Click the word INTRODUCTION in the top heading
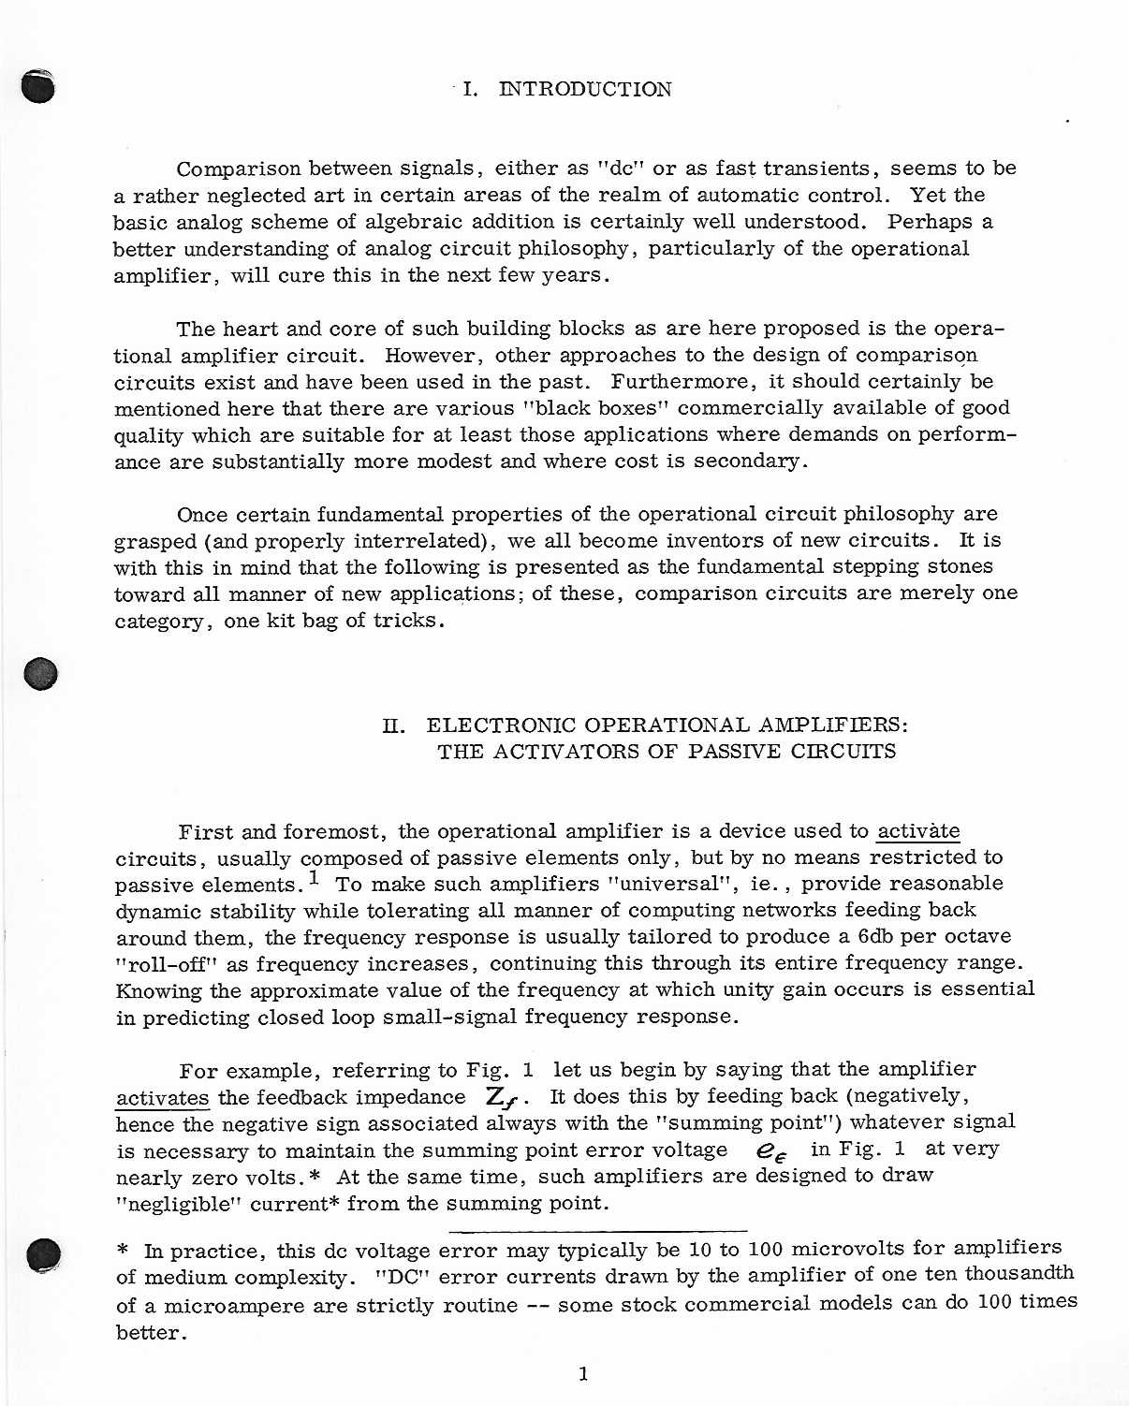[585, 90]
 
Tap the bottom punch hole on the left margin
[43, 1254]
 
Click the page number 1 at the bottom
[583, 1373]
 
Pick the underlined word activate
[917, 831]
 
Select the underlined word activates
[162, 1098]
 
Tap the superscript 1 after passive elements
[314, 878]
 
